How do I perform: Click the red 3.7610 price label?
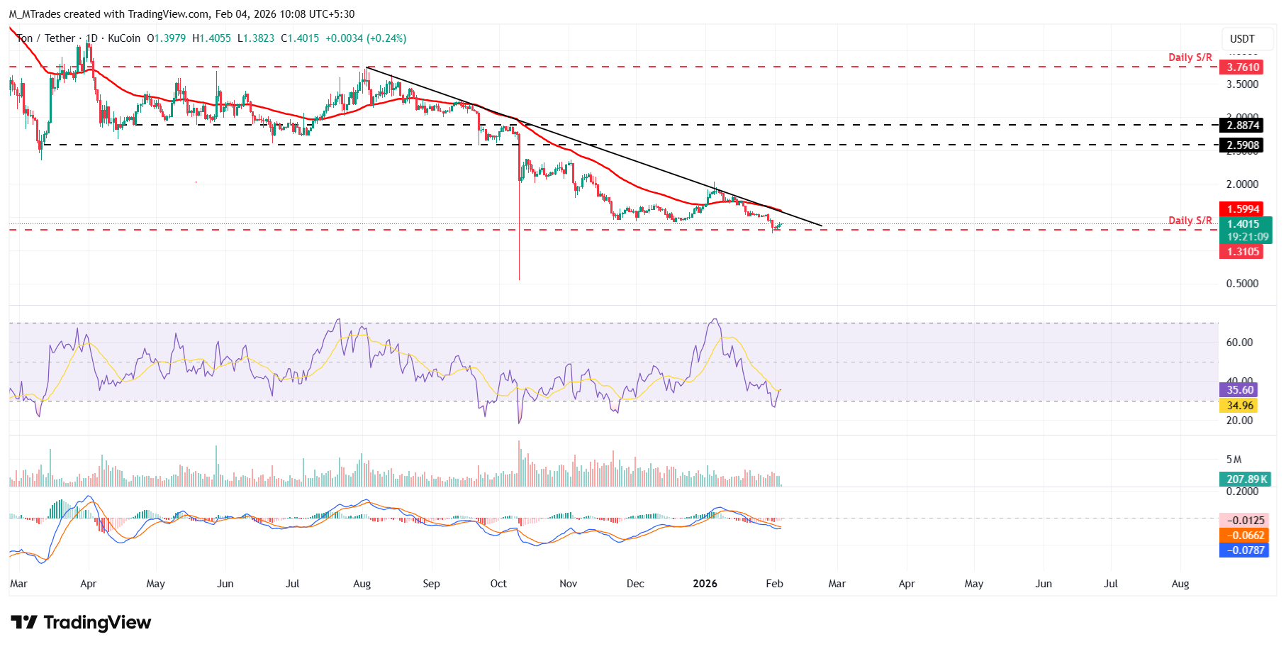1243,67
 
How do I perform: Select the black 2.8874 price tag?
1243,126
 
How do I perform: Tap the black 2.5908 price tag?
1243,145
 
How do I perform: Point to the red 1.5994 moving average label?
1243,209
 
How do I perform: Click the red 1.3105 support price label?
1243,252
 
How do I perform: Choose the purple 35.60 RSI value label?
1240,389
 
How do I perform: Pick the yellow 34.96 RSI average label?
1240,406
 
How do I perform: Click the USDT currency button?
1242,39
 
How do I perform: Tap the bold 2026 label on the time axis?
705,584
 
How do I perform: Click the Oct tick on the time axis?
498,584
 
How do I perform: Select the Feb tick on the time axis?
774,584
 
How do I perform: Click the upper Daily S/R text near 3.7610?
1190,57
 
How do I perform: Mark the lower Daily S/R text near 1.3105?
1190,221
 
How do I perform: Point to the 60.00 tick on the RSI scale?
1239,343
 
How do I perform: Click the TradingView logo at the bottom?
81,623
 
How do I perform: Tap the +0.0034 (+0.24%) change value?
366,38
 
